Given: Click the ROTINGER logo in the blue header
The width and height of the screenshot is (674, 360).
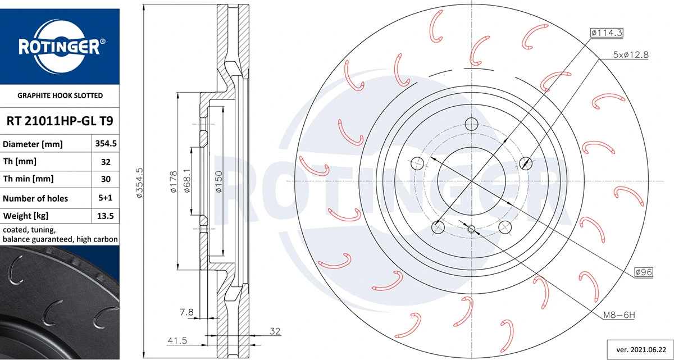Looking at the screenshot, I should point(60,47).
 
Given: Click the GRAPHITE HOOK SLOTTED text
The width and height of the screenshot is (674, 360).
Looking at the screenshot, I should point(60,95).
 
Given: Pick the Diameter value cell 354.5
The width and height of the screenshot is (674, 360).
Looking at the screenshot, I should point(106,144).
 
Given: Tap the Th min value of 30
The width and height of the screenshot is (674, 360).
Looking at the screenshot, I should point(106,179).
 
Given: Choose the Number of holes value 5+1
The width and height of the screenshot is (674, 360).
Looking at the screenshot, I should point(106,198).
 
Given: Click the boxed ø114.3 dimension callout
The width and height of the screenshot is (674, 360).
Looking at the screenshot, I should point(607,33).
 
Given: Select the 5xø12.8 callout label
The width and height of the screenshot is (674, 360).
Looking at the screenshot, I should point(630,55).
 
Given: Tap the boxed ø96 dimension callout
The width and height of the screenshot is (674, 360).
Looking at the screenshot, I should point(643,272).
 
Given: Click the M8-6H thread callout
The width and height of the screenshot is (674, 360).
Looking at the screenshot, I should point(618,316).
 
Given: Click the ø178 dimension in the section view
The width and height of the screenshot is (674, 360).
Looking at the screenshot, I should point(174,182).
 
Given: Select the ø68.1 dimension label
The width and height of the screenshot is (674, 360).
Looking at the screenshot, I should point(187,181).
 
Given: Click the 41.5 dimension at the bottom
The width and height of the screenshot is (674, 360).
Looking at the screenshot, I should point(176,340).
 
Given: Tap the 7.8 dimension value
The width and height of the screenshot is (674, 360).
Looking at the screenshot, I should point(186,312).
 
